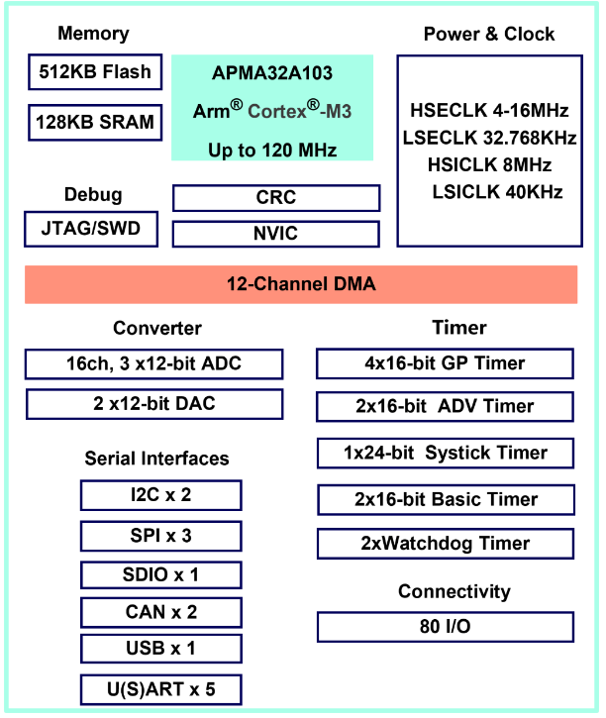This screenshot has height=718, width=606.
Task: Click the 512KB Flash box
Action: [x=95, y=71]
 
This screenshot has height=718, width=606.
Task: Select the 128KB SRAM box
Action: [x=95, y=123]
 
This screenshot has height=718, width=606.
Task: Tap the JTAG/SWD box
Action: [x=90, y=230]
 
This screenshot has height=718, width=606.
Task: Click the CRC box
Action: [x=275, y=198]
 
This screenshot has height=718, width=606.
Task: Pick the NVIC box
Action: [x=275, y=234]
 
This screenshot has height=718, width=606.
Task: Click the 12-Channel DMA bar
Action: [x=301, y=285]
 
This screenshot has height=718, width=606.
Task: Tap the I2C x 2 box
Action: [x=160, y=494]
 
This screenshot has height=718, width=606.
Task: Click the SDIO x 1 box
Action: [x=160, y=573]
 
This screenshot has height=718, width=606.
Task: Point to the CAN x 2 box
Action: [x=160, y=612]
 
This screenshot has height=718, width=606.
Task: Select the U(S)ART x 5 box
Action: [x=160, y=688]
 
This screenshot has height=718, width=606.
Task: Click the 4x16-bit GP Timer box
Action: [x=445, y=363]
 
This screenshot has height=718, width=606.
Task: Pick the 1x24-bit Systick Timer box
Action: [x=445, y=453]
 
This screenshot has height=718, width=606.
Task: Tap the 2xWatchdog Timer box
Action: [x=445, y=543]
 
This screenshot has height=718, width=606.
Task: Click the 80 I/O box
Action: [x=445, y=627]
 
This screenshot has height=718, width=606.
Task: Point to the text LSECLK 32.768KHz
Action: [x=489, y=138]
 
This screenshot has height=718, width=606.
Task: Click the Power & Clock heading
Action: [x=489, y=34]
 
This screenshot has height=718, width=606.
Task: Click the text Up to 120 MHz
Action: [x=272, y=151]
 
